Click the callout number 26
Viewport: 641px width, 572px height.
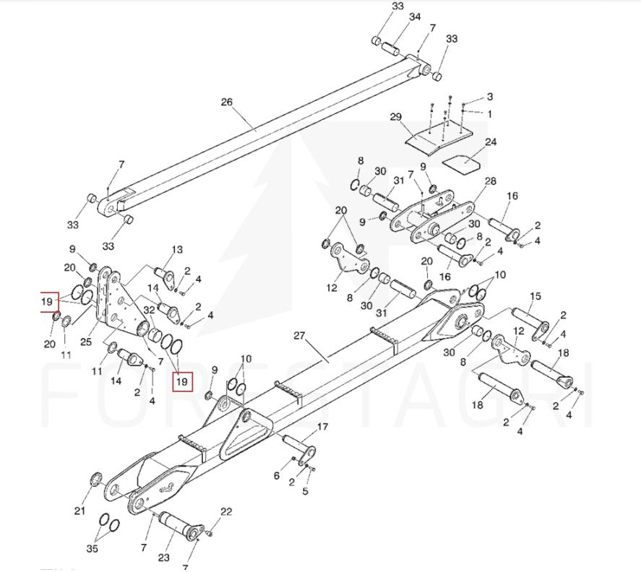click(x=227, y=103)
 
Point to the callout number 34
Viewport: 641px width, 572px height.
click(x=416, y=17)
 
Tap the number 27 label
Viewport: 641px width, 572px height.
click(x=301, y=335)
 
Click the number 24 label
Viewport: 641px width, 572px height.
click(x=491, y=142)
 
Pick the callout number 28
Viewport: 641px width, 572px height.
click(x=490, y=181)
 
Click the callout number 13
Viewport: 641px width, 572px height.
click(x=177, y=250)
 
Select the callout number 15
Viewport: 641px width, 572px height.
click(x=535, y=297)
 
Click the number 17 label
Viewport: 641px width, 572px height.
click(x=322, y=427)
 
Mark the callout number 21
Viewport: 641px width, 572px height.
click(x=80, y=511)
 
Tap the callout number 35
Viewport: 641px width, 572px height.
click(x=93, y=549)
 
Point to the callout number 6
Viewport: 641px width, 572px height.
click(x=276, y=475)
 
